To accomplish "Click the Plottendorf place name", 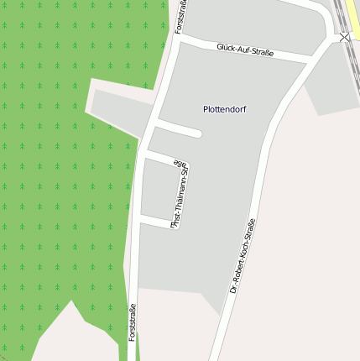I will (225, 109).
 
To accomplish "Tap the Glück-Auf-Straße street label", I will (245, 51).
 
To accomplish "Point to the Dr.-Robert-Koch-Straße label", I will (243, 255).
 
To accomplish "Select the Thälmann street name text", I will (180, 194).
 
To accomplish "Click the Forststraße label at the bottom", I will (132, 322).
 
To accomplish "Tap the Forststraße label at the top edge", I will (180, 16).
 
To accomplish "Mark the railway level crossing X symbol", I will (344, 37).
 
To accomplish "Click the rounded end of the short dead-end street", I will (198, 133).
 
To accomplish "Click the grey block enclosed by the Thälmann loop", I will (157, 191).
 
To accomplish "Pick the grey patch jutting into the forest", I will (117, 107).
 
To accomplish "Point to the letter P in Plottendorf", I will (206, 109).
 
